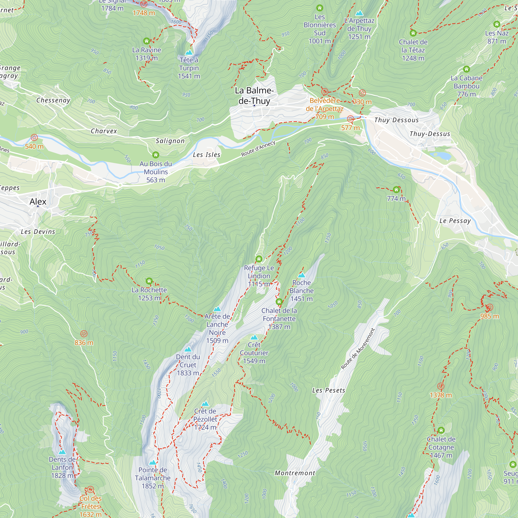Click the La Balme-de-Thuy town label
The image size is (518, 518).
[254, 96]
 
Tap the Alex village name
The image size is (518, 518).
[38, 201]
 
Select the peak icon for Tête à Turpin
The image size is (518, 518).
[189, 52]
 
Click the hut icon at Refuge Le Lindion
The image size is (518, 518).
[259, 259]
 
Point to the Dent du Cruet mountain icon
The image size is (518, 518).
[188, 349]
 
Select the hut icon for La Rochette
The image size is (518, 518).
[149, 281]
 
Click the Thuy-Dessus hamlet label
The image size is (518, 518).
[430, 134]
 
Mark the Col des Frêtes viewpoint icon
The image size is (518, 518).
[91, 490]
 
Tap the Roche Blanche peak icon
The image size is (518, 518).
[302, 275]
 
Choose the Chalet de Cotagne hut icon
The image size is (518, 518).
[441, 430]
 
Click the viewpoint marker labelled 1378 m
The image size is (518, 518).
[441, 386]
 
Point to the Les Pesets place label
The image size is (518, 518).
[329, 390]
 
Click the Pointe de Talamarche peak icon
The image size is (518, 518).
[153, 463]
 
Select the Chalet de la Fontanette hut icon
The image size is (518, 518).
[279, 302]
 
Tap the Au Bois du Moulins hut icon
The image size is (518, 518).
[156, 155]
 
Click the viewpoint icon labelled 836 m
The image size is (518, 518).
[84, 334]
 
